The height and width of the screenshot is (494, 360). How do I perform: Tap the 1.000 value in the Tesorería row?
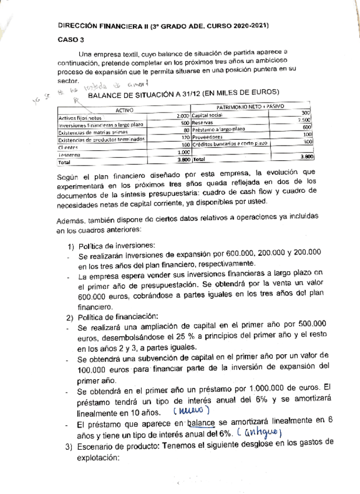click(183, 151)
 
